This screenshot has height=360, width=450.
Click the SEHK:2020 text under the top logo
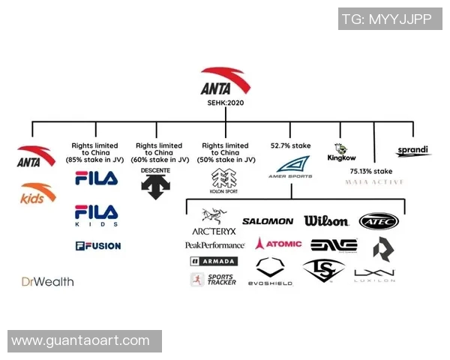click(x=226, y=103)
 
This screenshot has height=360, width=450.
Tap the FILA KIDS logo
click(x=96, y=214)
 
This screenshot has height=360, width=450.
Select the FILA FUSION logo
click(x=97, y=245)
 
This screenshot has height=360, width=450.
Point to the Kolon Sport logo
click(x=225, y=179)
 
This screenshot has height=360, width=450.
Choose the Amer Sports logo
click(x=291, y=167)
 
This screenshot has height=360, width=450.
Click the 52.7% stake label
click(x=290, y=145)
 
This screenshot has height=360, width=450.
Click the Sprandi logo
click(x=412, y=151)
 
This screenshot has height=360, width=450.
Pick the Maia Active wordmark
click(x=376, y=182)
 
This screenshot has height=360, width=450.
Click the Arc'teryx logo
click(x=214, y=223)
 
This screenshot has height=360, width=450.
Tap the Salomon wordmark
click(x=268, y=221)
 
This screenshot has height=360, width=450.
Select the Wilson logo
click(x=326, y=220)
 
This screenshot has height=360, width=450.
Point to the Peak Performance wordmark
click(x=214, y=245)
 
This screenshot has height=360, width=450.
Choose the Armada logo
click(x=214, y=261)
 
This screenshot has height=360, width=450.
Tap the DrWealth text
click(x=47, y=282)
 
